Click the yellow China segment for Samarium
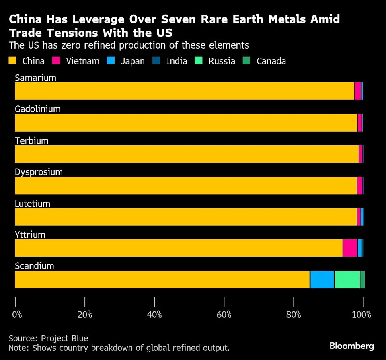[x=184, y=91]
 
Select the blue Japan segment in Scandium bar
[x=322, y=280]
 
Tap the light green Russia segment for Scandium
[x=347, y=280]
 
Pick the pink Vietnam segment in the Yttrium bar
[x=350, y=248]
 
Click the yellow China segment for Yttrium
[x=179, y=248]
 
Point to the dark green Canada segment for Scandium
[x=363, y=280]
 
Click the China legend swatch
[x=13, y=61]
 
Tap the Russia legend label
[x=222, y=61]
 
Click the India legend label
[x=177, y=61]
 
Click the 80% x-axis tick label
[x=294, y=314]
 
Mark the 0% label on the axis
[x=17, y=314]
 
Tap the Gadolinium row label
[x=38, y=109]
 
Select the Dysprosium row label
[x=39, y=172]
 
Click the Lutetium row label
[x=33, y=204]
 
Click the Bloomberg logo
[x=352, y=346]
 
